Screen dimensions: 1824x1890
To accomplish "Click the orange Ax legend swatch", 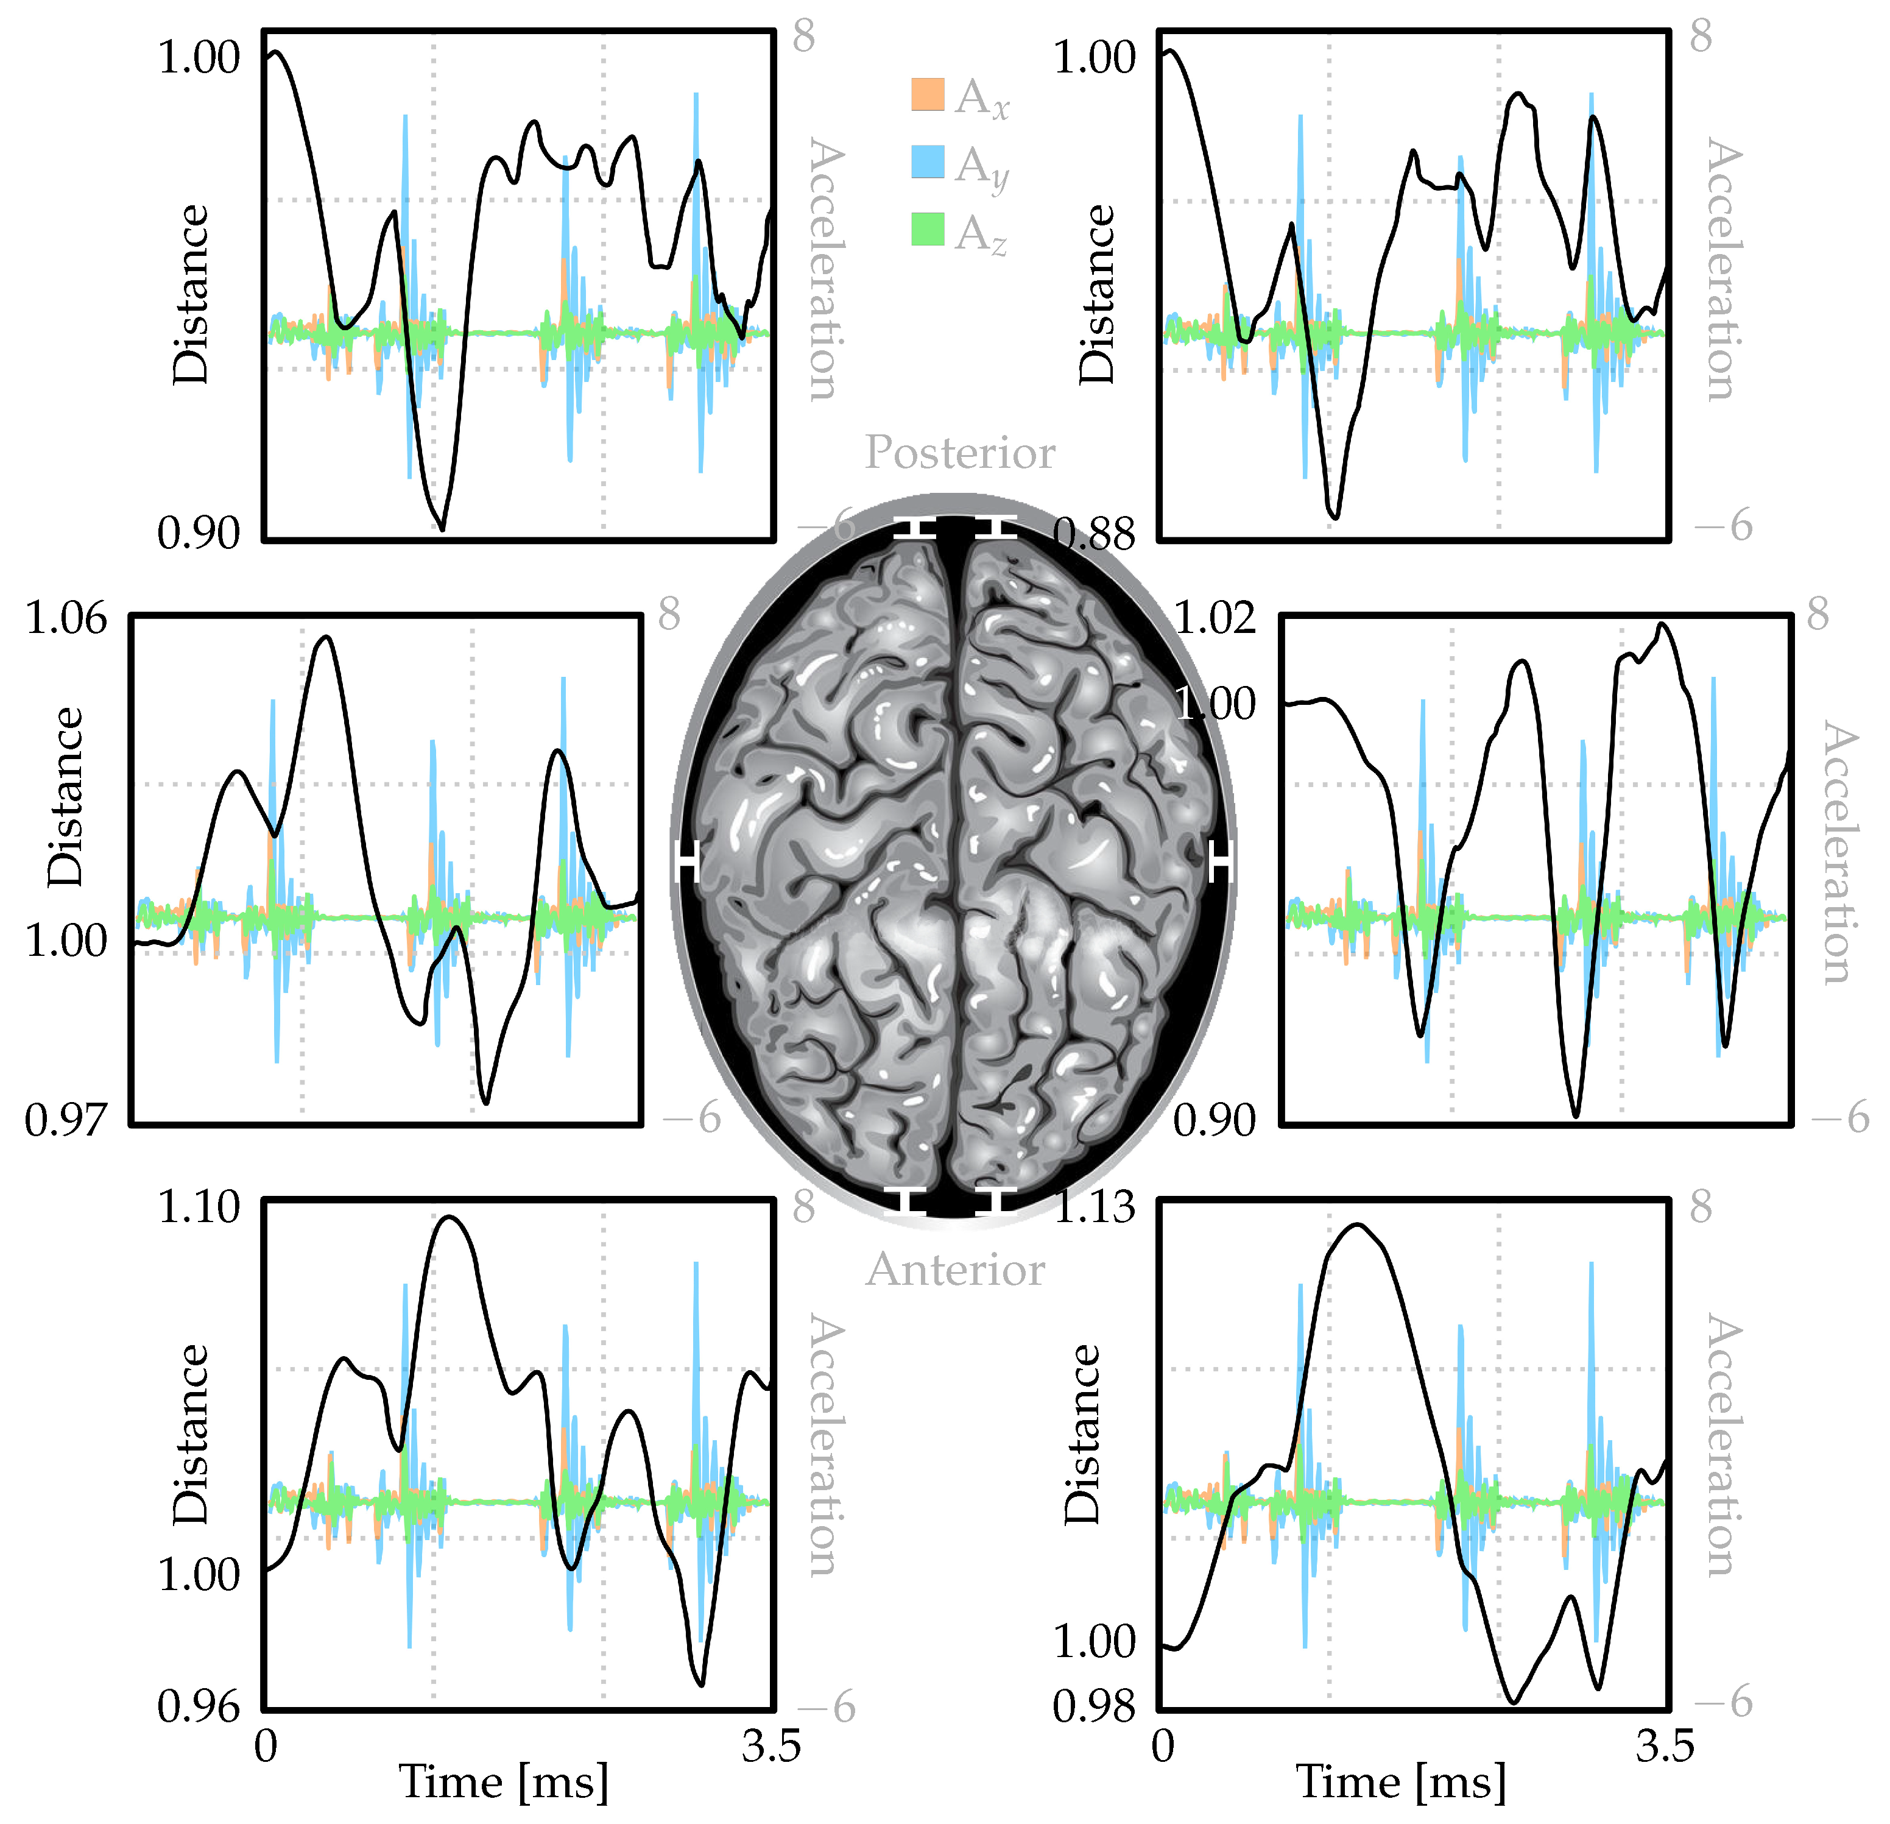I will point(926,94).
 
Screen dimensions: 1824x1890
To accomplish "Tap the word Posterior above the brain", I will point(959,453).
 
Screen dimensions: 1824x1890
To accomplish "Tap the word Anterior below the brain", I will point(954,1270).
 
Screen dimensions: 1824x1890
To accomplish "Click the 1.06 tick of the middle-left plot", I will point(66,618).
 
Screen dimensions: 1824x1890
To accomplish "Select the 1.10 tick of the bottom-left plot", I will point(199,1207).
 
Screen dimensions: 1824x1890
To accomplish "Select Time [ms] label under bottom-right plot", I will point(1400,1781).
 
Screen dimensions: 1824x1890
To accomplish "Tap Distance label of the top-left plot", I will point(191,294).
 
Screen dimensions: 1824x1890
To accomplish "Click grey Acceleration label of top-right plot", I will point(1724,270).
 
